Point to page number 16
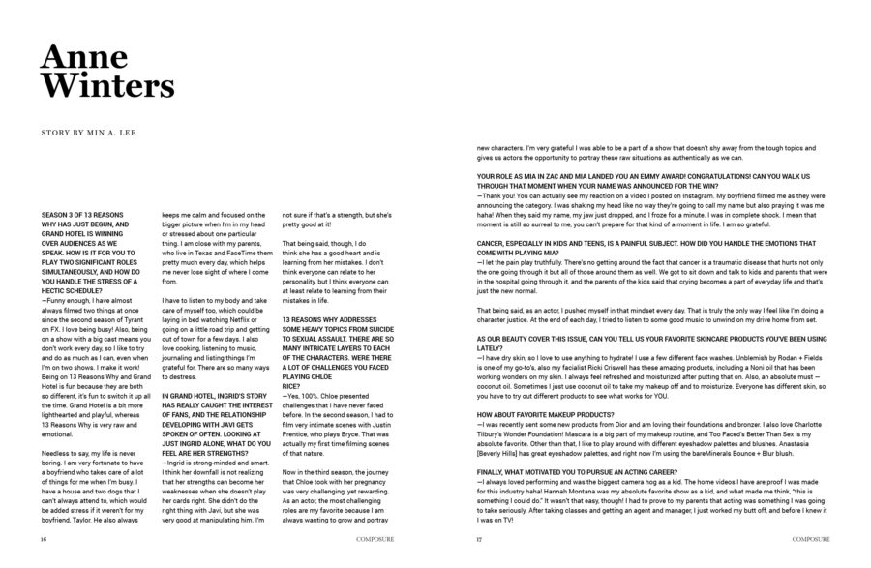(x=44, y=540)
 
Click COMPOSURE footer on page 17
(x=811, y=540)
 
